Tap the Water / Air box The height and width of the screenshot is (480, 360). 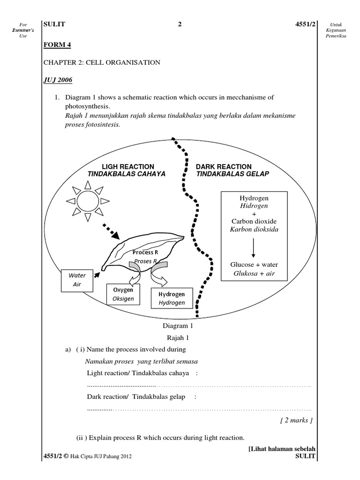pos(77,280)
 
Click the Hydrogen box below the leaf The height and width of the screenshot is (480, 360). pos(171,298)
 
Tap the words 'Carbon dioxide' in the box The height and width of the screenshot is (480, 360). pos(253,221)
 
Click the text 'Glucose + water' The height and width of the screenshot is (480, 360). pos(253,264)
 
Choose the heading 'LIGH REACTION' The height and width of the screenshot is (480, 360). pos(128,166)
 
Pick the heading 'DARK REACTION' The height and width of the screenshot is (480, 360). pos(224,166)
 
